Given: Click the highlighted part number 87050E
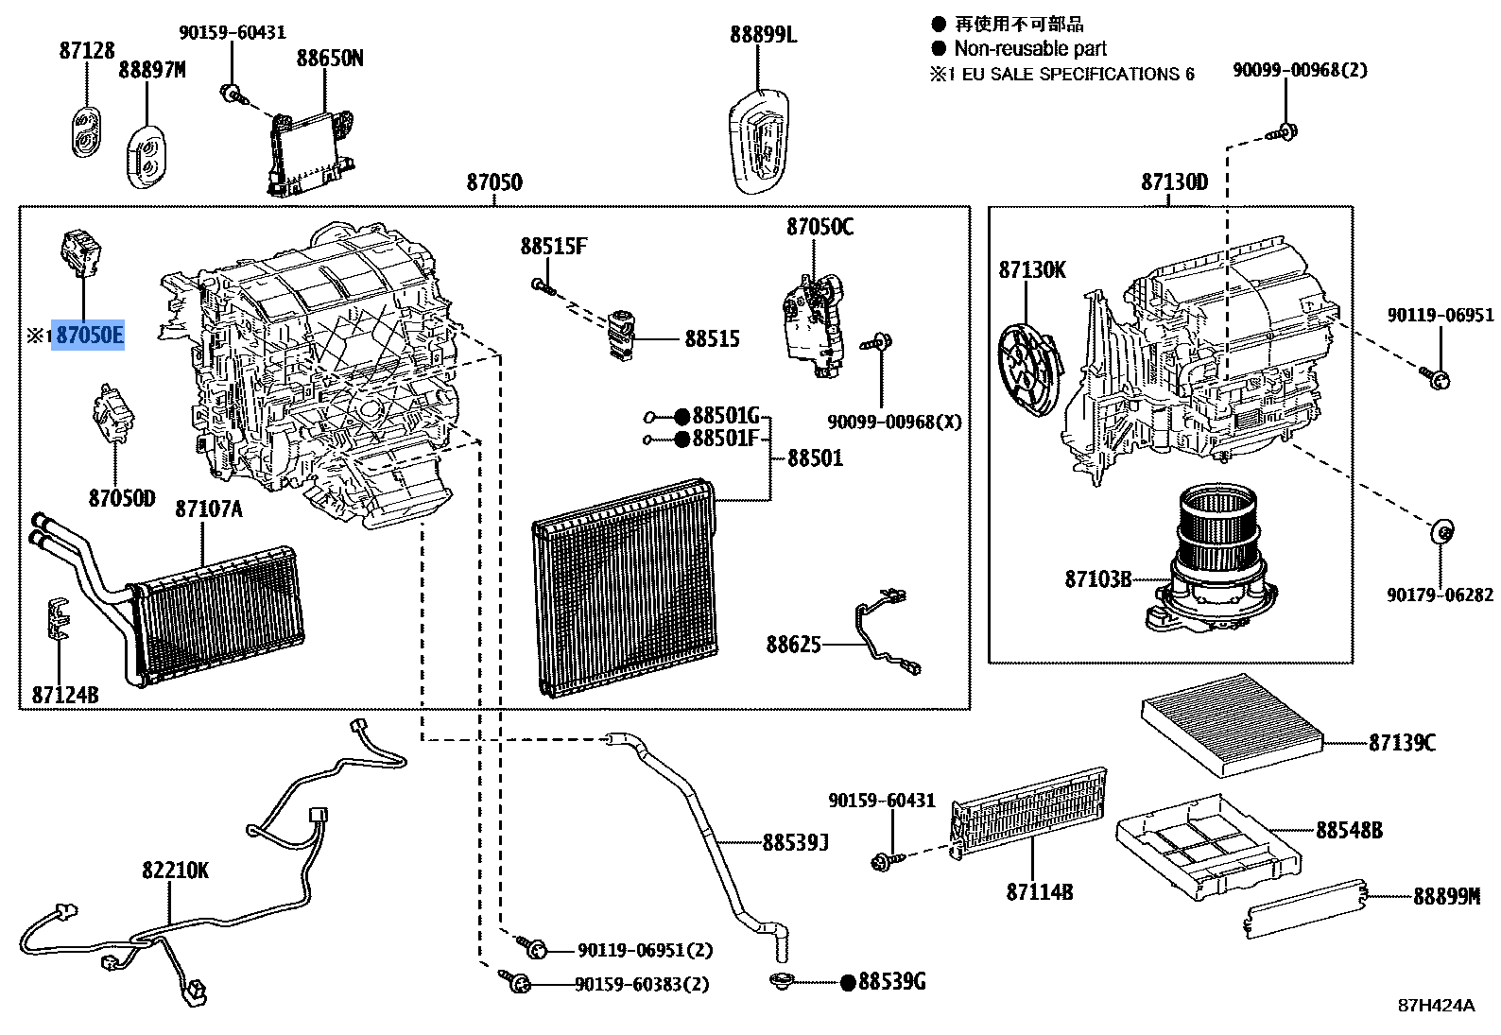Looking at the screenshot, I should (89, 335).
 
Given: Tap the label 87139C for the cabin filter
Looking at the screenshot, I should (1402, 743).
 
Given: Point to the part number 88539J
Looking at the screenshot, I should (795, 841).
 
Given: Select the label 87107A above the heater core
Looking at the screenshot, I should (208, 510).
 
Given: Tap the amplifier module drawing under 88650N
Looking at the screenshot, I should (310, 147).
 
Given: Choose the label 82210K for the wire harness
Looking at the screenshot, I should (176, 870).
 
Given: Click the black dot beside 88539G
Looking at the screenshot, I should (848, 982).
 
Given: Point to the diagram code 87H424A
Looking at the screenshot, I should (1436, 1005).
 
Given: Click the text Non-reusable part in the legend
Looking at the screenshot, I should (1029, 48).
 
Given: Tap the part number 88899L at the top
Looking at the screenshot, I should (763, 35).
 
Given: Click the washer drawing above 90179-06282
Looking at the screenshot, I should (1441, 531).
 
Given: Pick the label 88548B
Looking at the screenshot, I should (1349, 830).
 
